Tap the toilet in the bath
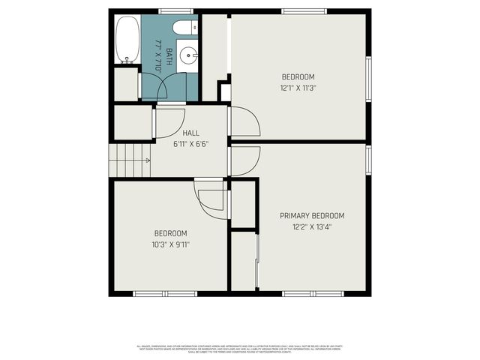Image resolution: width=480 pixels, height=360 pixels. (183, 28)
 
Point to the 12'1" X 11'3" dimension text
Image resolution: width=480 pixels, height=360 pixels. (298, 87)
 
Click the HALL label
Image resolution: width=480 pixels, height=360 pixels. (190, 133)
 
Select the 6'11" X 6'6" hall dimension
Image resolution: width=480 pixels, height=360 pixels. (190, 144)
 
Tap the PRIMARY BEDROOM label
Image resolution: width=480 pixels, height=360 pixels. (312, 215)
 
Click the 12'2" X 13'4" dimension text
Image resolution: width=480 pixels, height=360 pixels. (312, 226)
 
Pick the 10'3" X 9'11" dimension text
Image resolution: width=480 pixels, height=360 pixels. (171, 244)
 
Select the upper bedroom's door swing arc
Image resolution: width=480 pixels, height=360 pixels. (244, 122)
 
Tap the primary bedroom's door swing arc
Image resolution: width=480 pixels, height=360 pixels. (244, 160)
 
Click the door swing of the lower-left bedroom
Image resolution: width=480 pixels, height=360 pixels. (211, 199)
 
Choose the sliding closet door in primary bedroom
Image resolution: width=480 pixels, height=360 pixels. (257, 261)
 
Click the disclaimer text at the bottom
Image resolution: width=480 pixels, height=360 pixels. (240, 349)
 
